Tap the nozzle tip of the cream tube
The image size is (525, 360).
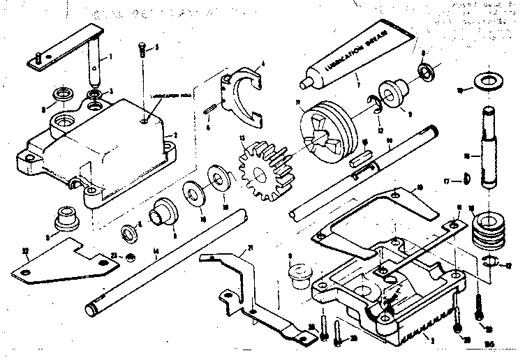click(x=304, y=83)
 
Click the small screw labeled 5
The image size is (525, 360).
click(x=142, y=49)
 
